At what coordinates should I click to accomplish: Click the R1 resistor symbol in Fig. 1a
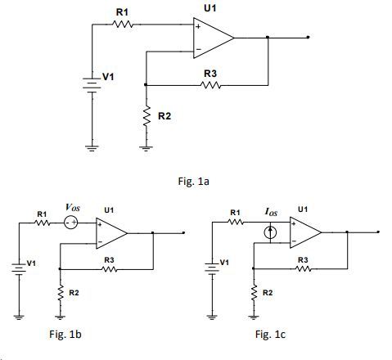click(123, 25)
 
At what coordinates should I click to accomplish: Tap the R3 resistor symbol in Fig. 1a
click(210, 85)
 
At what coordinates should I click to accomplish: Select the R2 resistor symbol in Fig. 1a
click(146, 116)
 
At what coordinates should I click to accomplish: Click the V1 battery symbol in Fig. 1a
click(92, 85)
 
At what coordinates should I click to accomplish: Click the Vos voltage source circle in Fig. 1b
click(71, 223)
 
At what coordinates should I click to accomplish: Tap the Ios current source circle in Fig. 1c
click(270, 232)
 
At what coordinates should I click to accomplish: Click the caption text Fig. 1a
click(193, 181)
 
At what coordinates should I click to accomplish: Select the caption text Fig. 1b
click(65, 334)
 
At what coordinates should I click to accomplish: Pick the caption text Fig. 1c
click(270, 334)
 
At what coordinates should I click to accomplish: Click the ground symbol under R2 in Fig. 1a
click(146, 149)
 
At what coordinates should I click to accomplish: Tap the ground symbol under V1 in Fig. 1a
click(92, 149)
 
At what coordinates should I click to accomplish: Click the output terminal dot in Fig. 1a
click(308, 37)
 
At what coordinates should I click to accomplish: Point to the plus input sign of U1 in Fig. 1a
click(198, 26)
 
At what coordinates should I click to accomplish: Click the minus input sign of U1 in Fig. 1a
click(199, 49)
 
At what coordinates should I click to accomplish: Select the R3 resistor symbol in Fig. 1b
click(109, 269)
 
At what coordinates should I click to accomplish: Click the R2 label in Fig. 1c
click(268, 293)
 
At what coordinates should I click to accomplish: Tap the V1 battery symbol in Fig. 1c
click(212, 268)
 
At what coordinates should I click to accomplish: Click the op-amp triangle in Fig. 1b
click(111, 233)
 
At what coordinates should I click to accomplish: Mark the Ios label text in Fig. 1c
click(271, 212)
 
